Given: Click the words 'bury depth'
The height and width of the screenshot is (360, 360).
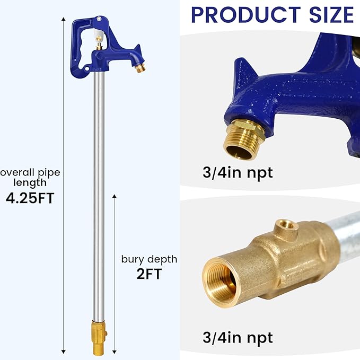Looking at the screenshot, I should [x=149, y=259].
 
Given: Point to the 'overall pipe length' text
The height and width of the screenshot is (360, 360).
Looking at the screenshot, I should [x=30, y=178].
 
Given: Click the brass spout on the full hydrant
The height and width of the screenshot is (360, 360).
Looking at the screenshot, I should [x=140, y=67].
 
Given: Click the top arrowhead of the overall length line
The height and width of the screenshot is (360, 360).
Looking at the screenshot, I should [x=64, y=19].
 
